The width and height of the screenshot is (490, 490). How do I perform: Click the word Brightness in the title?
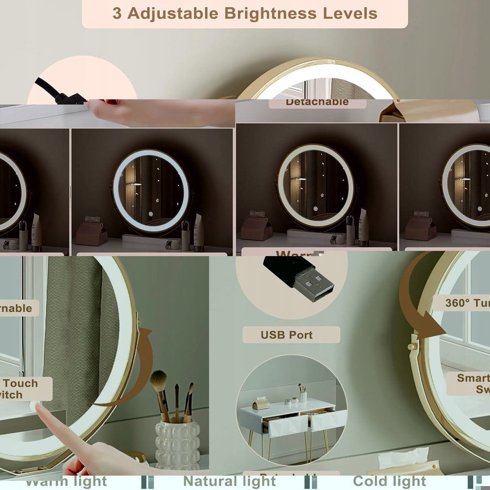coord(271,13)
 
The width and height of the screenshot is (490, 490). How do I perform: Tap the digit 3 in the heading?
coord(117,13)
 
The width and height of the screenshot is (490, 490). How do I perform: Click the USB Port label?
coord(287,335)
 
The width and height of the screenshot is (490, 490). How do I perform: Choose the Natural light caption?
coord(230,481)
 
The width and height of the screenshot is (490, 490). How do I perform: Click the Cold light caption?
coord(390,481)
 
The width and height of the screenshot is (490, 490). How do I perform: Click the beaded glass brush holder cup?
coord(178,445)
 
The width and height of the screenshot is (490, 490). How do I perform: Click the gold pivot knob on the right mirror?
coord(411,345)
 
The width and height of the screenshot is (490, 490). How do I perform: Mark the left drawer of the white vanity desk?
coord(288,425)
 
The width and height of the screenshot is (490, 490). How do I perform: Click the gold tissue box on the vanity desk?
coord(261,404)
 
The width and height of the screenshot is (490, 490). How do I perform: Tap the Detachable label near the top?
coord(317,102)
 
